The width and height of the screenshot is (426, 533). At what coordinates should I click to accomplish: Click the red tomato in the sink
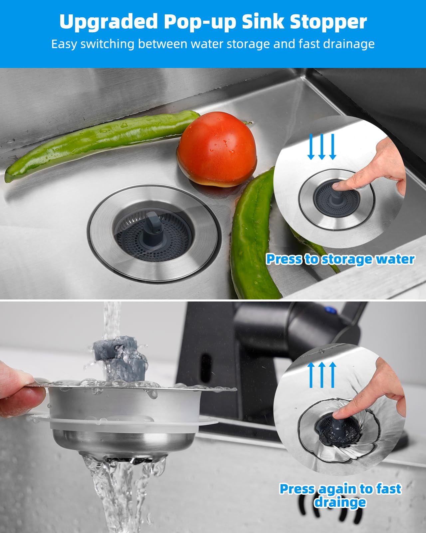click(x=217, y=149)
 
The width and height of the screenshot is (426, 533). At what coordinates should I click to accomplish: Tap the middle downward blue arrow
click(x=321, y=147)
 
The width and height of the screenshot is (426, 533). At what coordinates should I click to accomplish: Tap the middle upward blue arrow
click(x=321, y=375)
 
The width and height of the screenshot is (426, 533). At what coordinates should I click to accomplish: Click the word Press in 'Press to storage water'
click(x=284, y=259)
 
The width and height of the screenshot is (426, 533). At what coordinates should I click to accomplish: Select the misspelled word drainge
click(x=340, y=502)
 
